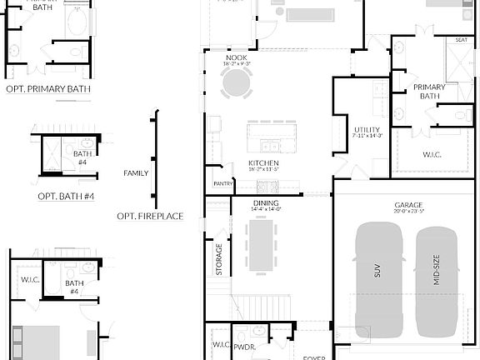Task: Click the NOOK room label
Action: tap(236, 57)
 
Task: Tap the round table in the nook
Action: tap(236, 82)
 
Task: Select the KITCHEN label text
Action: tap(263, 162)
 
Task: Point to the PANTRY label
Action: tap(222, 183)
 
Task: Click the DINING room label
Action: tap(267, 202)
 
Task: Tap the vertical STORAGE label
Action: tap(219, 259)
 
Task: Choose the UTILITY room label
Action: tap(367, 129)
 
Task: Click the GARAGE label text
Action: tap(408, 205)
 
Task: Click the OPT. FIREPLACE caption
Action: tap(150, 217)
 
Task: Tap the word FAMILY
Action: tap(136, 173)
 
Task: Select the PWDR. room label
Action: tap(244, 344)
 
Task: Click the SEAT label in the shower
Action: tap(461, 39)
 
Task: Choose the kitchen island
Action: tap(272, 132)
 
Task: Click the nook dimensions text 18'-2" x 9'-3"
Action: tap(236, 64)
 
